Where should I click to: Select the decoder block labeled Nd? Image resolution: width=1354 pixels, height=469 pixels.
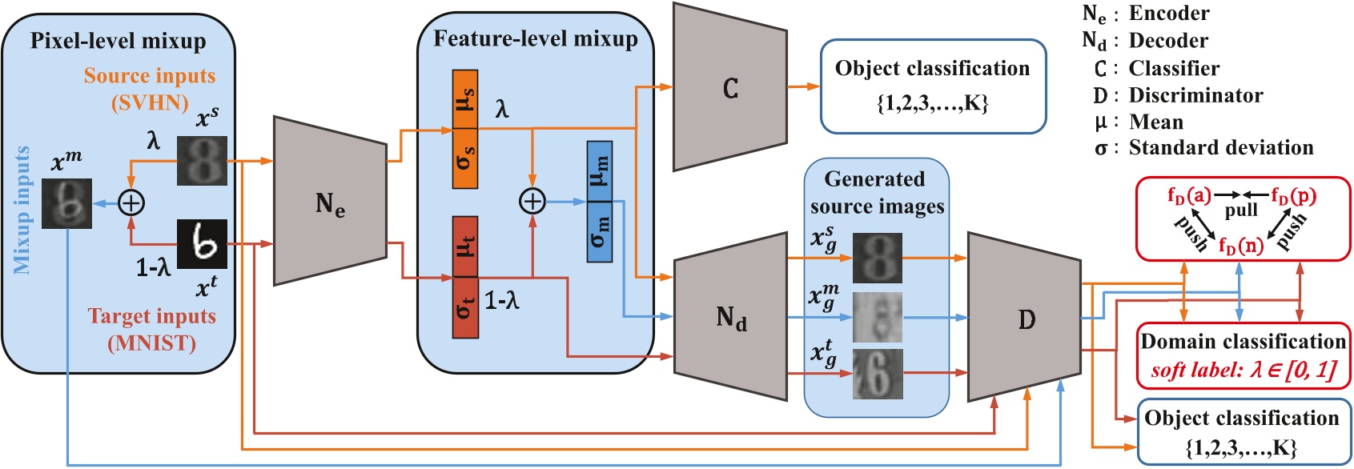point(730,317)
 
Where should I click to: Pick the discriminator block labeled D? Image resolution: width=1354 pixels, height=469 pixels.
point(1026,318)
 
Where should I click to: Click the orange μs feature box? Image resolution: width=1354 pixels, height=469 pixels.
point(465,99)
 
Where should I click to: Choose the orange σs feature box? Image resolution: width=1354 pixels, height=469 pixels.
point(465,158)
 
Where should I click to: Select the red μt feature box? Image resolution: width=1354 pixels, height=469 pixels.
point(465,246)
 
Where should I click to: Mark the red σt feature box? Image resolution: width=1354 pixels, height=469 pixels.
point(465,307)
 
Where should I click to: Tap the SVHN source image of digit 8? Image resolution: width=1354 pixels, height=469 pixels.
point(202,161)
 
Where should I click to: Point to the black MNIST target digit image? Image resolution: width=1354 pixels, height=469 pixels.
point(202,244)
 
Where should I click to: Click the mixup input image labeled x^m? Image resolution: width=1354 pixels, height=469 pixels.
point(67,203)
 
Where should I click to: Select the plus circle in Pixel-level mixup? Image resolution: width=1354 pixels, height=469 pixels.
point(131,203)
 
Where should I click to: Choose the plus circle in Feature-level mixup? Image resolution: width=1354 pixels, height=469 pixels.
point(532,202)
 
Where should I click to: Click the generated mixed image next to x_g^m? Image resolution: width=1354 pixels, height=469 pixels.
point(877,317)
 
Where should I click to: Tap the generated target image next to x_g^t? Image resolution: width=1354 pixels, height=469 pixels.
point(877,374)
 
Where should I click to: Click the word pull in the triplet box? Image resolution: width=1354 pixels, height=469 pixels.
point(1240,210)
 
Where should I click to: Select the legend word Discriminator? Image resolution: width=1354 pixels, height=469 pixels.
point(1195,95)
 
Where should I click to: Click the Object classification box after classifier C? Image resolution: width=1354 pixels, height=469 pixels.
point(933,86)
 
